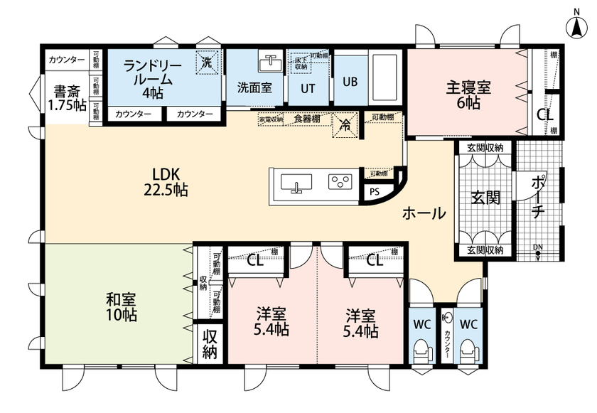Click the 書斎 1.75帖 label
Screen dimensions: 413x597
66,99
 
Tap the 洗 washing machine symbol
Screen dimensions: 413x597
207,63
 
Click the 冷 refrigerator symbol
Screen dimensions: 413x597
345,124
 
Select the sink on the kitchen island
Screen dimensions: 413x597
296,184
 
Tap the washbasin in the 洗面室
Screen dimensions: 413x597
269,63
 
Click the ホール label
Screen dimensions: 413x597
424,213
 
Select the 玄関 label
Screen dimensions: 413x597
483,198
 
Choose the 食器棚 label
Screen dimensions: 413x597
307,119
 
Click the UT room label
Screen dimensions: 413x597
308,88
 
